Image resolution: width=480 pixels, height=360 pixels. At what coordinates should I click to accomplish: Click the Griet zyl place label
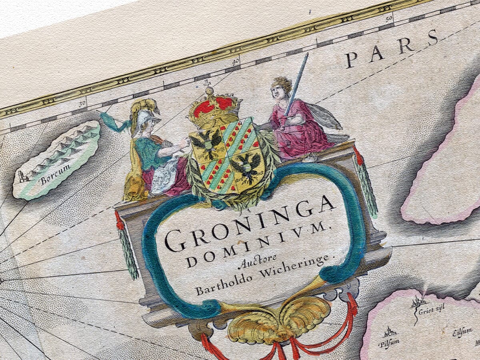(x=426, y=308)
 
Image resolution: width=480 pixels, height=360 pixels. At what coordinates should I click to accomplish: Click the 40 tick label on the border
(x=236, y=60)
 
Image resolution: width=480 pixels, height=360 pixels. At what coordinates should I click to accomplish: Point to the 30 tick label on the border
(x=83, y=103)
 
